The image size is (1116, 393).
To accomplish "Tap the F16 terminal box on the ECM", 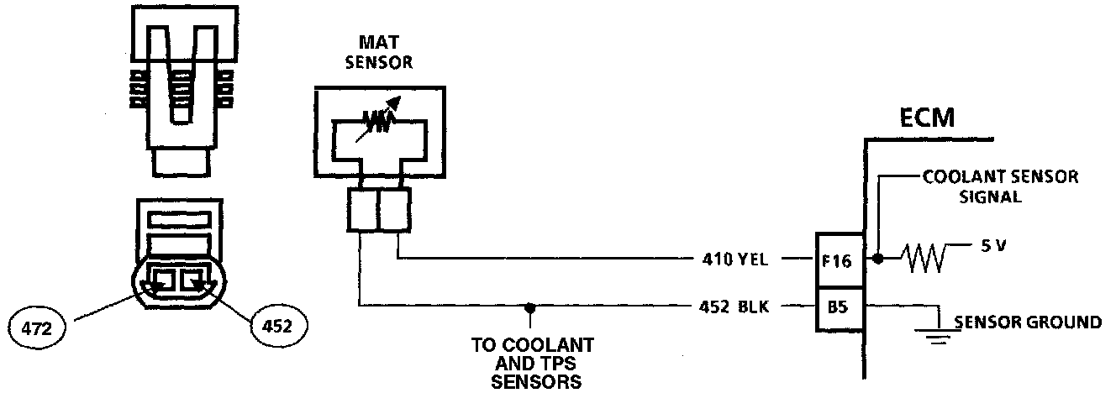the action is click(x=838, y=260).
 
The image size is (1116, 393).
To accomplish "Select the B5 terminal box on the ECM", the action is click(x=838, y=307).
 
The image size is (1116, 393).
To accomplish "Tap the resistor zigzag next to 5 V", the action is click(x=922, y=258).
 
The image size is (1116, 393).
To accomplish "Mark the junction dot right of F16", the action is click(x=879, y=259).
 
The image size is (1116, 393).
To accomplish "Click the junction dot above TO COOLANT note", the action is click(x=530, y=307).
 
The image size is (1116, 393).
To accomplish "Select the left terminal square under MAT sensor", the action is click(x=361, y=210).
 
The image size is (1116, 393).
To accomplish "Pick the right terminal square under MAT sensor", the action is click(x=394, y=210).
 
